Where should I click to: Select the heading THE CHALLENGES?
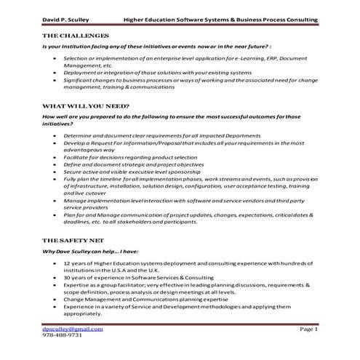click(77, 36)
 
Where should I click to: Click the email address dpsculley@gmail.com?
click(73, 329)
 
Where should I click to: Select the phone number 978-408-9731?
click(63, 337)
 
